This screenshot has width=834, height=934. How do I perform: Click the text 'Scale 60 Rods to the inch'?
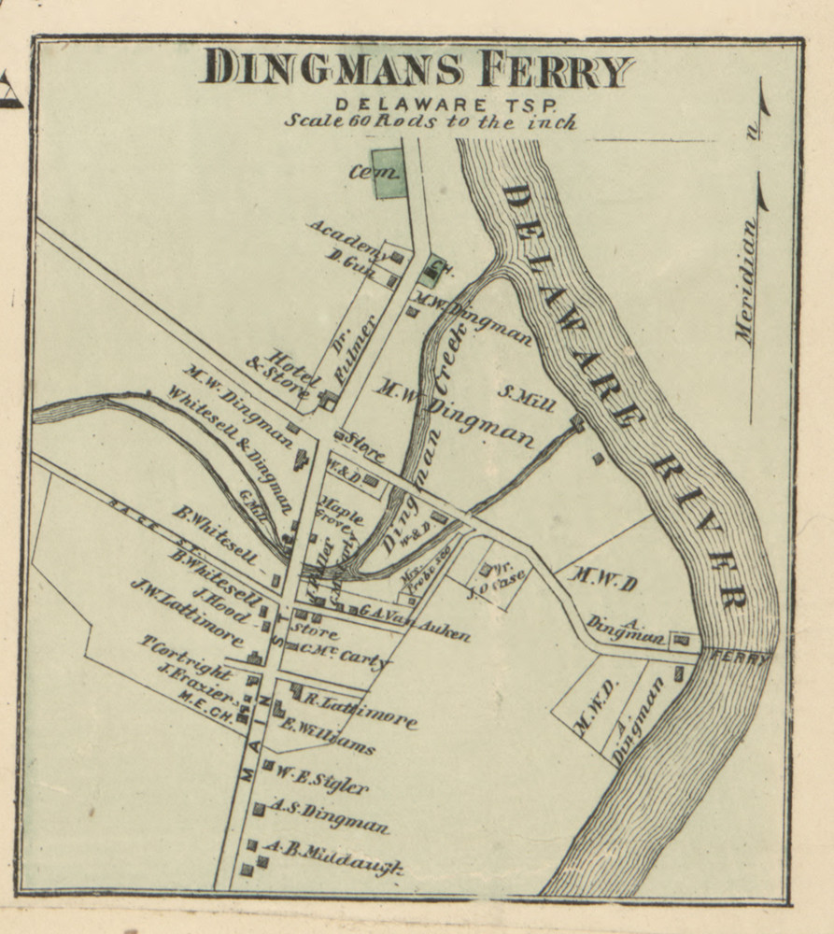[430, 121]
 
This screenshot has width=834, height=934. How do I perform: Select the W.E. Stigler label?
[320, 780]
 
